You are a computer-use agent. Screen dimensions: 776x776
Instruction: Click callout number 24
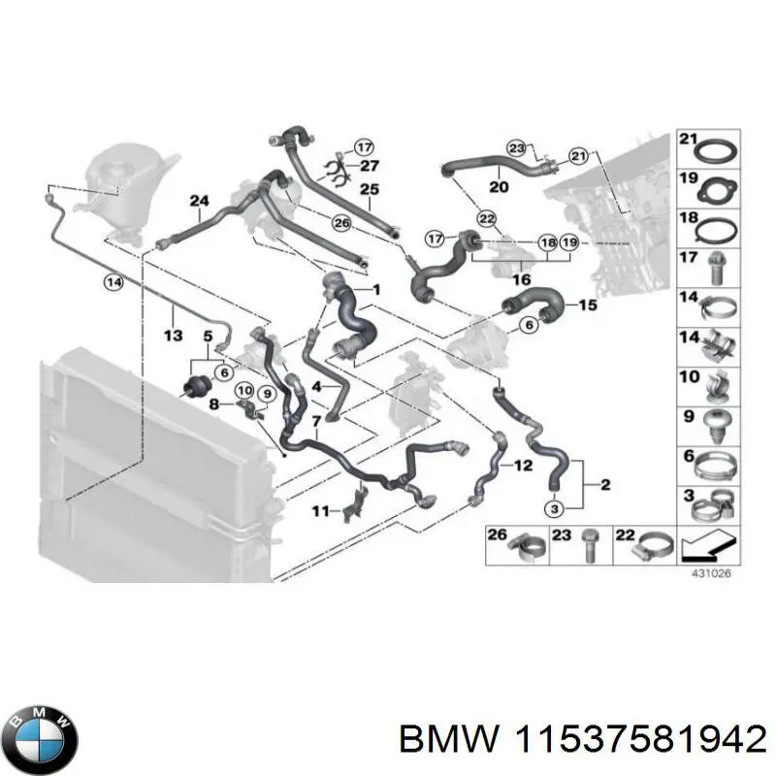(199, 202)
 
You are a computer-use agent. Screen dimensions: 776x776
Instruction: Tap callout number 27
(369, 165)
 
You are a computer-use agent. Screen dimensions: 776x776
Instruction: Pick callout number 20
(499, 187)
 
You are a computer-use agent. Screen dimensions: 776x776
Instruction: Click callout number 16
(523, 279)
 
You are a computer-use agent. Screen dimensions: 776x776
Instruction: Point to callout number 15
(589, 305)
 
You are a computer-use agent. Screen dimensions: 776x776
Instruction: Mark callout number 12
(523, 466)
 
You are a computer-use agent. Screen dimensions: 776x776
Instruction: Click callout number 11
(319, 509)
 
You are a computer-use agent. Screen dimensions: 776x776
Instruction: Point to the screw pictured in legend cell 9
(716, 419)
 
